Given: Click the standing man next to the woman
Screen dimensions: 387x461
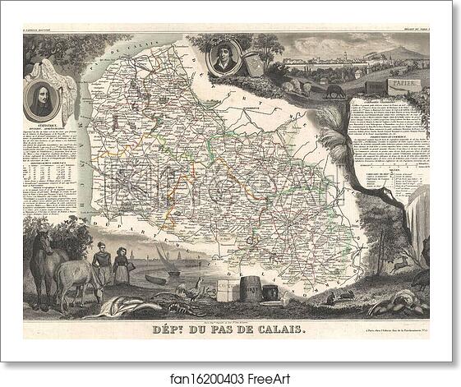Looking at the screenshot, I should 102,265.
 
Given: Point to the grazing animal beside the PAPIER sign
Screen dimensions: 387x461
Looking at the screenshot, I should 334,90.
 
